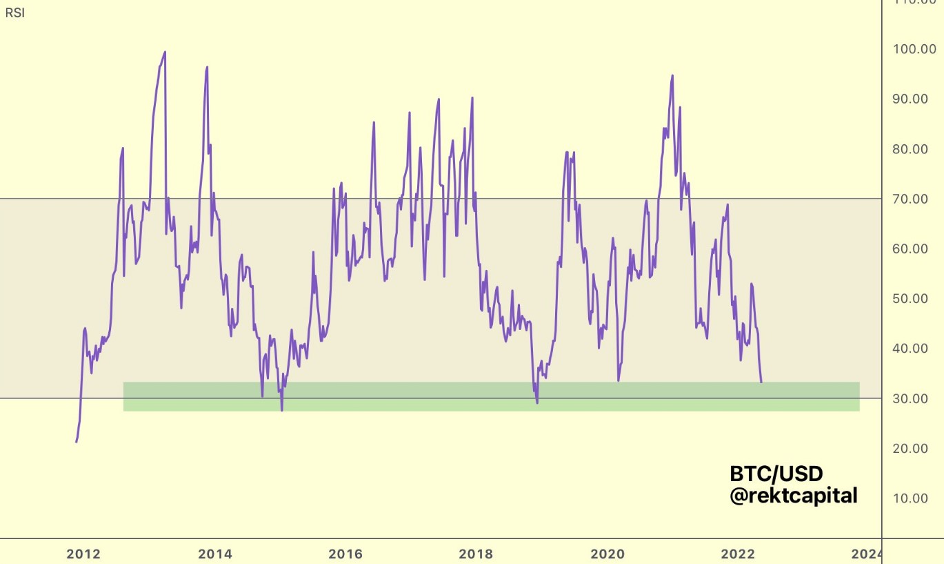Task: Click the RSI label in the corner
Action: pos(14,12)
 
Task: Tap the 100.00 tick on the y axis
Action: pos(910,49)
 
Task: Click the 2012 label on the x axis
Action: pos(83,554)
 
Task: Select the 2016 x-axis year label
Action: pos(345,554)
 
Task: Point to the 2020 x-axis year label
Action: pos(607,554)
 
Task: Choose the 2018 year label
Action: pos(476,554)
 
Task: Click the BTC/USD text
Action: pos(776,474)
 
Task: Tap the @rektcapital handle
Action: pos(794,495)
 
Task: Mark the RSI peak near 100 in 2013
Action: pos(165,52)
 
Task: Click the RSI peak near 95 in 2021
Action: pos(672,76)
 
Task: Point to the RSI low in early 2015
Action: pos(282,410)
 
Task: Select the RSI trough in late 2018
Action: pos(537,402)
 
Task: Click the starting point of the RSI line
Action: pos(76,442)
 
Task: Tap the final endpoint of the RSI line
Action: pos(761,382)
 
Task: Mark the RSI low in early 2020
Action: pos(619,380)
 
